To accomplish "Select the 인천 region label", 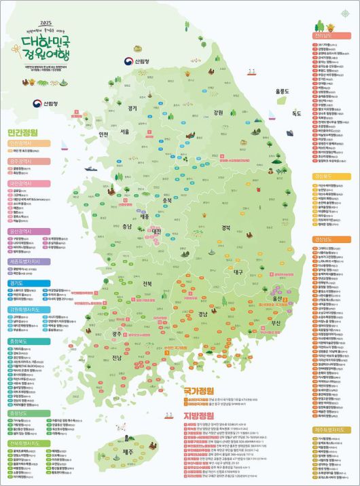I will [x=104, y=134].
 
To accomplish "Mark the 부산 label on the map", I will [x=276, y=322].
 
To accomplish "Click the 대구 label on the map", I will [x=238, y=272].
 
